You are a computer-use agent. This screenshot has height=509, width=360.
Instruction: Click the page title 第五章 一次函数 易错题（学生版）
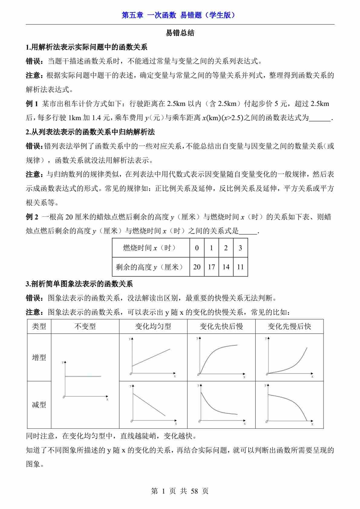click(x=180, y=15)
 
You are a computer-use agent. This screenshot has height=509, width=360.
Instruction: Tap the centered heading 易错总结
click(x=180, y=33)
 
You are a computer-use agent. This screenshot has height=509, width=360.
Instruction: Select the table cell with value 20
click(x=197, y=267)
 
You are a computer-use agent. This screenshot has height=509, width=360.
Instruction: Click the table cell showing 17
click(x=211, y=267)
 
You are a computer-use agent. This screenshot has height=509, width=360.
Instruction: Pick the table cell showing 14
click(x=226, y=267)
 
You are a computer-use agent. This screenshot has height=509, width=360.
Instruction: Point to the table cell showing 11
click(x=241, y=267)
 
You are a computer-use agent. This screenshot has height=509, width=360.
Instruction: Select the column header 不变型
click(x=85, y=326)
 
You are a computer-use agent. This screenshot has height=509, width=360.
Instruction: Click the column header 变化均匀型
click(x=153, y=326)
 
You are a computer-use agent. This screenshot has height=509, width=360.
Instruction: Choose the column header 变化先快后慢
click(x=221, y=326)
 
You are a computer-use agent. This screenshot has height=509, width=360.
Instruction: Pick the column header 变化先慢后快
click(x=289, y=326)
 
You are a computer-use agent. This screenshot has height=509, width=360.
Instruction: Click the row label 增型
click(x=39, y=357)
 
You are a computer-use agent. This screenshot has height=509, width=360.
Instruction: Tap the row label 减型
click(x=39, y=405)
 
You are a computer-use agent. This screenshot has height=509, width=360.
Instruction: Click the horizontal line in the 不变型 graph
click(x=83, y=376)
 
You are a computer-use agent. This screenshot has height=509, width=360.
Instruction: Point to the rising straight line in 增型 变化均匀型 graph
click(x=151, y=358)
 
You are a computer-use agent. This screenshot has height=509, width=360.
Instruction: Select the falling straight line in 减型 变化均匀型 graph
click(x=149, y=405)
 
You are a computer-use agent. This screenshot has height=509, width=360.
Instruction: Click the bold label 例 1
click(x=32, y=104)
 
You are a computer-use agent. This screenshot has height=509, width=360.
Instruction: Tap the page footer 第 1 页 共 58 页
click(x=180, y=491)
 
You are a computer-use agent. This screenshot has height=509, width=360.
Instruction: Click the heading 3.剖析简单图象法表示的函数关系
click(x=79, y=284)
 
